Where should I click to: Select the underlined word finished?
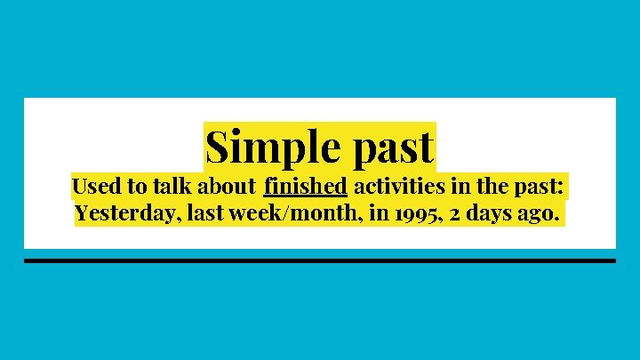click(305, 188)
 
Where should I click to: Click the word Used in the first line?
click(92, 188)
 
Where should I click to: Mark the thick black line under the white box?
click(320, 261)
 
